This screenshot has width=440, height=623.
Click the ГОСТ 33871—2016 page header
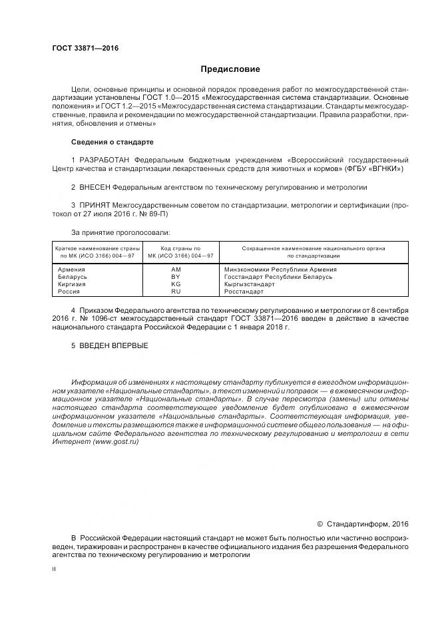pyautogui.click(x=81, y=49)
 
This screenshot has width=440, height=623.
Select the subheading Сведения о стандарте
pyautogui.click(x=112, y=142)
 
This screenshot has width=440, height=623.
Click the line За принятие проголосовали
pyautogui.click(x=120, y=233)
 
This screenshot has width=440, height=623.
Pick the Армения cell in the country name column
pyautogui.click(x=72, y=270)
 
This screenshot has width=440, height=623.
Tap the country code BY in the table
pyautogui.click(x=176, y=277)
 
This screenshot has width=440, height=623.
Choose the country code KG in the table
pyautogui.click(x=176, y=284)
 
